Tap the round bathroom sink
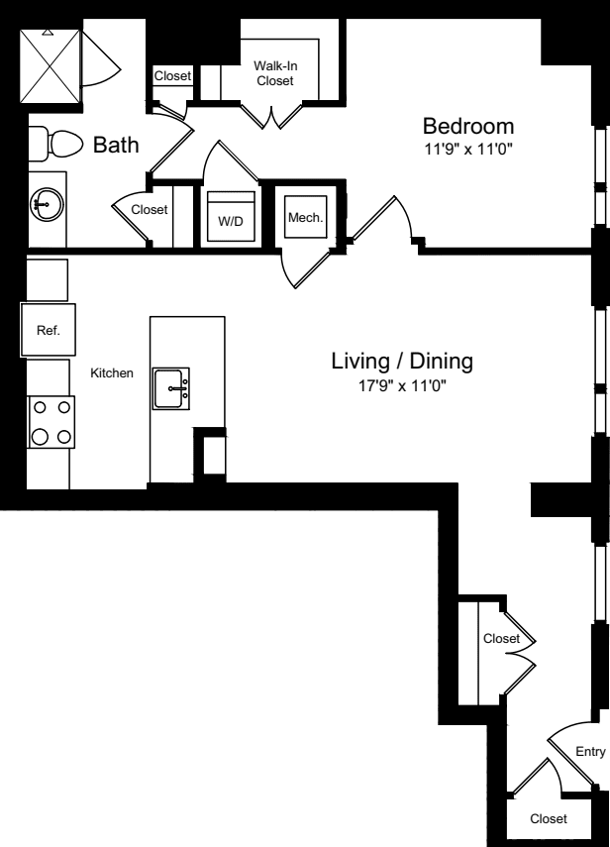coord(46,206)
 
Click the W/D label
coord(230,221)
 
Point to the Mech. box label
coord(303,217)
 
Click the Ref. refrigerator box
coord(48,331)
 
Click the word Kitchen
coord(112,372)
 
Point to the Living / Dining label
coord(401,361)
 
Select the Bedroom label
coord(468,126)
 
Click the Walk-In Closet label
coord(274,73)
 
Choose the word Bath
coord(116,146)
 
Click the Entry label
coord(589,752)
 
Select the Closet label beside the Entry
coord(548,818)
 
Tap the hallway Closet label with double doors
coord(501,639)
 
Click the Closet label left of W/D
coord(150,209)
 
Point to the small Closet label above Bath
coord(172,75)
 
